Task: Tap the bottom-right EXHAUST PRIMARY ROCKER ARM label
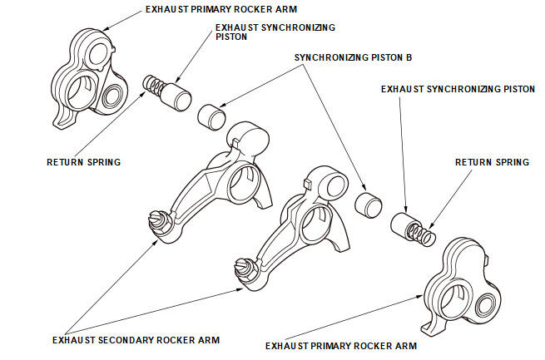(340, 345)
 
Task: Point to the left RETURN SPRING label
(83, 162)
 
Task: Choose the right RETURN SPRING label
(492, 162)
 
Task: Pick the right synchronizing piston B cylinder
(365, 204)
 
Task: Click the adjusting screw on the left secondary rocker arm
(156, 220)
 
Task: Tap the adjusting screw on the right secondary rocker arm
(244, 268)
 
